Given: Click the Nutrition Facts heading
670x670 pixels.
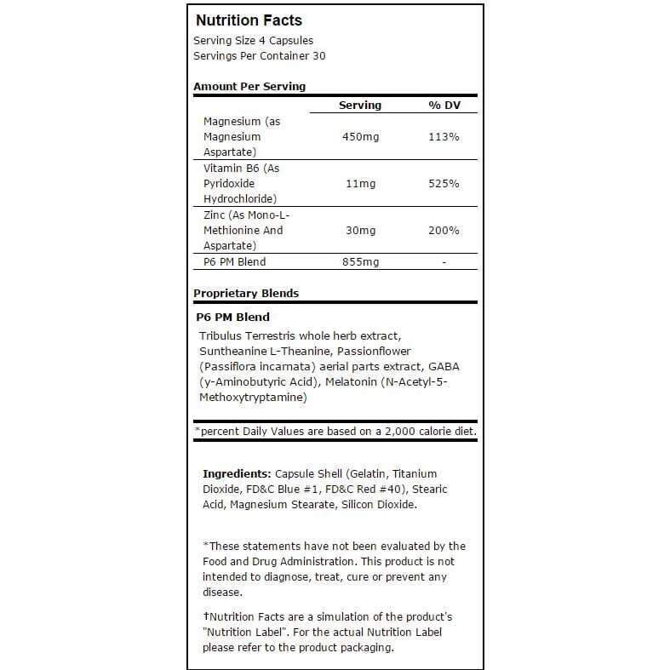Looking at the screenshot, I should click(249, 20).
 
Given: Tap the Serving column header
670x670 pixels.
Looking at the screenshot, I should click(360, 106).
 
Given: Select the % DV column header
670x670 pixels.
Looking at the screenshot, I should click(444, 106).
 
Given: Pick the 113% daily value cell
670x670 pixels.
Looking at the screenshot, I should click(444, 137).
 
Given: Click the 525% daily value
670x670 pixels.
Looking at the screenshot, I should click(444, 184).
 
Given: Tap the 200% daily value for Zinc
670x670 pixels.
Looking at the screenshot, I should click(444, 231).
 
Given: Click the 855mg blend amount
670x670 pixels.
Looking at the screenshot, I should click(360, 262).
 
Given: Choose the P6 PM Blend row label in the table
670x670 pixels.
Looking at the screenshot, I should click(235, 262).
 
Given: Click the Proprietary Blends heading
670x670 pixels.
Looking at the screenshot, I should click(246, 293).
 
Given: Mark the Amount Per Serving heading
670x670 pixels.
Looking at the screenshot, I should click(249, 86).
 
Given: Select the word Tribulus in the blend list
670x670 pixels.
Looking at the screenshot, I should click(220, 335).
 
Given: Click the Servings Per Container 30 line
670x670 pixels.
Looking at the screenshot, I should click(259, 56).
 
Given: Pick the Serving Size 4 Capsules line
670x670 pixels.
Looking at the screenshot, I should click(253, 41).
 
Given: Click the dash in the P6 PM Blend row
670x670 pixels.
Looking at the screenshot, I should click(444, 262).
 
